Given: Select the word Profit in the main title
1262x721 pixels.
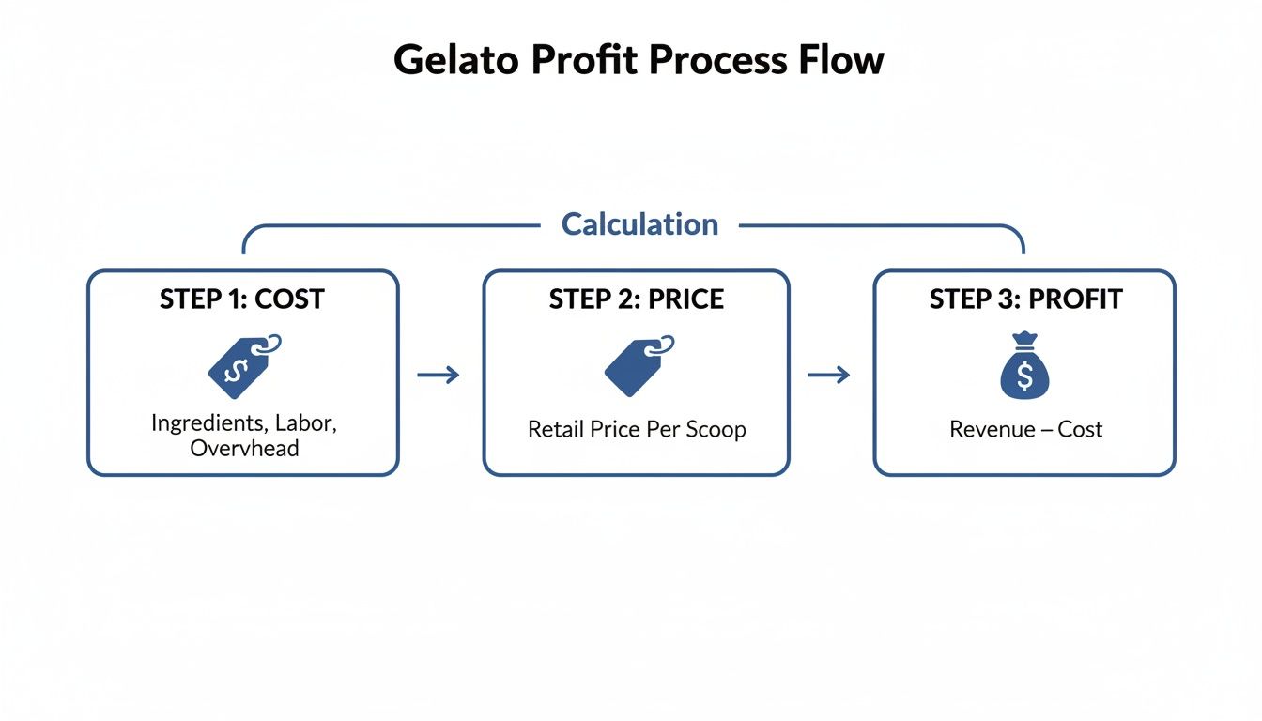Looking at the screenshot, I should click(586, 60).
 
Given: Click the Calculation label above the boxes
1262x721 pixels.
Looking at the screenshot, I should click(639, 224).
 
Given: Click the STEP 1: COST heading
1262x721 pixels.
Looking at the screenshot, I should click(242, 299).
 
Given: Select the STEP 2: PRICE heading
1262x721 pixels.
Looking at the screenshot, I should click(637, 299).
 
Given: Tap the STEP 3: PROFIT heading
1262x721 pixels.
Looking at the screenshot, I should click(1025, 299).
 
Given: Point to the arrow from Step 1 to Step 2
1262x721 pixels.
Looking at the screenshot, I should click(439, 376).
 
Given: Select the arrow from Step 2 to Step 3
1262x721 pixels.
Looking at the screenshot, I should click(828, 376).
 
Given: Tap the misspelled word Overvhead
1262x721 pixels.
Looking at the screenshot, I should click(244, 449).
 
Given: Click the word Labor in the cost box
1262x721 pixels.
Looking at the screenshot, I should click(305, 423).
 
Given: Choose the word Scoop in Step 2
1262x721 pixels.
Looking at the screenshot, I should click(716, 430).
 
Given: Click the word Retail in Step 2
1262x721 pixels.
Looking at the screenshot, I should click(556, 430).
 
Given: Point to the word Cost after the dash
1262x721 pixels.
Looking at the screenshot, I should click(1080, 430).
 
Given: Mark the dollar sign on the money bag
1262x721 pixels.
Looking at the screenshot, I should click(1023, 376).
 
